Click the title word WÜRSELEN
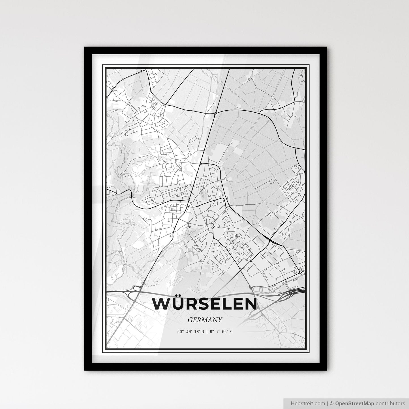(204, 304)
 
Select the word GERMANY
(204, 320)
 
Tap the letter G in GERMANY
(190, 320)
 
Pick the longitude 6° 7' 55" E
(221, 332)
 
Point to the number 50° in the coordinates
(180, 332)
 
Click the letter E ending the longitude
(231, 332)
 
